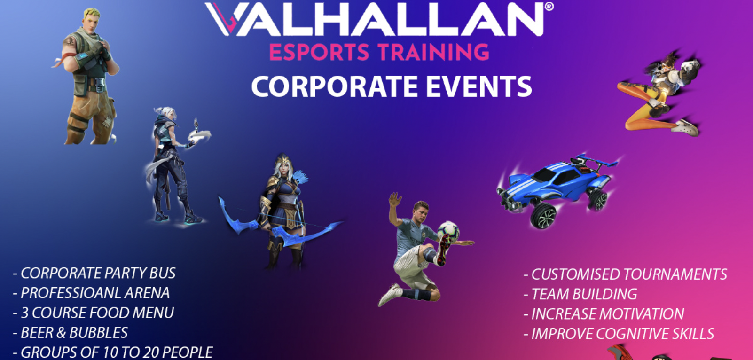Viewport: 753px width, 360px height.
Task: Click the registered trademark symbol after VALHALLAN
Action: pos(549,7)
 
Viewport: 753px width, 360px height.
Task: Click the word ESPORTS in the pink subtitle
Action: pos(319,52)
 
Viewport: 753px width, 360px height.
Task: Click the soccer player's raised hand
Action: pos(394,200)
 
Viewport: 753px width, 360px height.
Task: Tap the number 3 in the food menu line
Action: pos(24,313)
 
